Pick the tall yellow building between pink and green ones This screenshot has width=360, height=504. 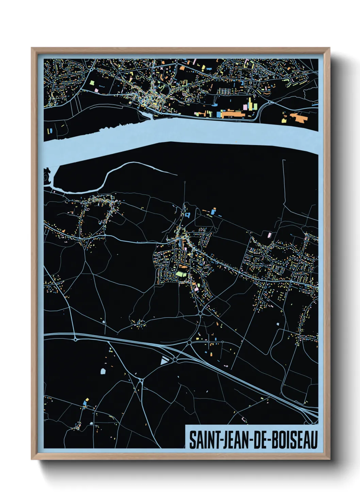pos(251,104)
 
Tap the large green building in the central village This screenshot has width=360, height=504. pos(181,273)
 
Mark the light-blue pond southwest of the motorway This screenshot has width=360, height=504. pos(103,371)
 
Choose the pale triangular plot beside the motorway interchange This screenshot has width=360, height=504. pos(164,360)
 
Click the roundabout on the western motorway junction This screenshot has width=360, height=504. pos(75,339)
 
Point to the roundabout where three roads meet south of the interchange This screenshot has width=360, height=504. pos(141,380)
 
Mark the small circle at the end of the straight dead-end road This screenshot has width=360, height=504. pos(185,183)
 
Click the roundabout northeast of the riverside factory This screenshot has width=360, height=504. pos(270,101)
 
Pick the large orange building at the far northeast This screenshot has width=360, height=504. pos(299,118)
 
